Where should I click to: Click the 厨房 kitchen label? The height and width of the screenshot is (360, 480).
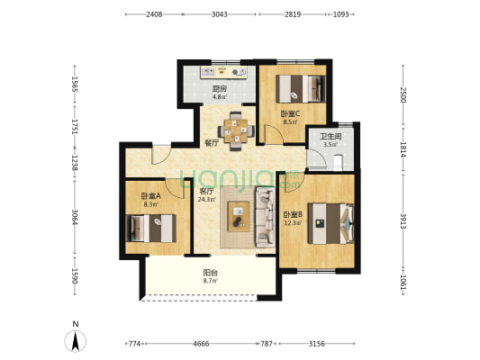(x=220, y=89)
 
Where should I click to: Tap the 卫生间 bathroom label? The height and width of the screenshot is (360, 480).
(x=331, y=136)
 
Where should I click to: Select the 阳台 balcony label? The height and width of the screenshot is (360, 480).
(x=211, y=272)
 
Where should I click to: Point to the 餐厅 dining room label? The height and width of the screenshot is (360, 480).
(x=212, y=142)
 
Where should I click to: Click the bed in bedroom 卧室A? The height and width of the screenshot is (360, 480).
(x=151, y=229)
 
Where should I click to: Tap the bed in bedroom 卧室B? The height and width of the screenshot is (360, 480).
(x=331, y=223)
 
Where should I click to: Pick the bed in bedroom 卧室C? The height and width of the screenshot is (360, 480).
(x=300, y=89)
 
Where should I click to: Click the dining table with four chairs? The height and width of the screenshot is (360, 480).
(x=236, y=131)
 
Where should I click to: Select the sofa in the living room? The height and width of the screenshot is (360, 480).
(x=265, y=217)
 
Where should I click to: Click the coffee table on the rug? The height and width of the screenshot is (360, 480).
(x=239, y=217)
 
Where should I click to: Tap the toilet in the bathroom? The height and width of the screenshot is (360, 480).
(x=338, y=162)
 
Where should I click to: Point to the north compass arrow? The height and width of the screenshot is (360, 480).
(x=76, y=341)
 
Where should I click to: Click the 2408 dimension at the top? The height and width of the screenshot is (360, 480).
(x=154, y=14)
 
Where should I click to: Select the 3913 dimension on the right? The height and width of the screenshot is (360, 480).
(x=403, y=220)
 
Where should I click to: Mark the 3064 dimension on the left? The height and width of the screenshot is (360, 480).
(x=75, y=217)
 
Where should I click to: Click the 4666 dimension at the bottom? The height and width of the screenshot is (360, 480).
(x=201, y=344)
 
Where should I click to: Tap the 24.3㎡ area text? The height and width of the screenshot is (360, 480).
(x=207, y=200)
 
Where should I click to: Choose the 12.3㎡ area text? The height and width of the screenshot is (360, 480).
(x=294, y=222)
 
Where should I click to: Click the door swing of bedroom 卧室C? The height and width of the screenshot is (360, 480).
(x=272, y=134)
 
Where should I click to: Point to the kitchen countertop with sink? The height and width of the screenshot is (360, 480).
(x=223, y=72)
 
